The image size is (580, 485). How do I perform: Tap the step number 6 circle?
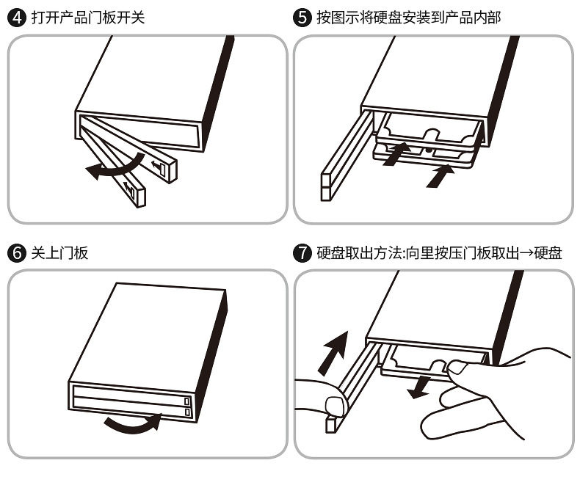click(16, 253)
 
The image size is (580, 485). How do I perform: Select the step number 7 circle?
click(302, 253)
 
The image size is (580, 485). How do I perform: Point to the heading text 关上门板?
click(59, 253)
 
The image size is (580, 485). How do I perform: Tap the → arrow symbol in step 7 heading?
click(523, 253)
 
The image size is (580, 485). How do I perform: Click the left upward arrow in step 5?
click(397, 153)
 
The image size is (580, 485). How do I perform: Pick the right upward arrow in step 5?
click(440, 175)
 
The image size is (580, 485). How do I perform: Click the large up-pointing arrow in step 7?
click(334, 349)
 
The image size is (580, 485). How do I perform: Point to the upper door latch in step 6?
click(186, 401)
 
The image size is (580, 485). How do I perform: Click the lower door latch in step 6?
click(186, 413)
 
